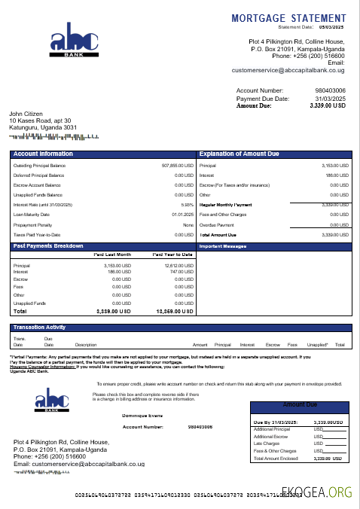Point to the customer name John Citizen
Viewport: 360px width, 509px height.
click(x=26, y=114)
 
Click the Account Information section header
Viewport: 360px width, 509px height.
click(x=43, y=154)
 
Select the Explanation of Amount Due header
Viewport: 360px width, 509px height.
click(x=239, y=154)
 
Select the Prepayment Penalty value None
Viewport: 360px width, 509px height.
click(x=188, y=224)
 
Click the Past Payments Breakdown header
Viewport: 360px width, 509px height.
click(x=47, y=246)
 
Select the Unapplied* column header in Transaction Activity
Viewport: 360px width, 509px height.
click(x=317, y=344)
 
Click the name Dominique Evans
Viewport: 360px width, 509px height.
click(x=142, y=415)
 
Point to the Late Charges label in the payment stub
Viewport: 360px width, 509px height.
click(x=267, y=443)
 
